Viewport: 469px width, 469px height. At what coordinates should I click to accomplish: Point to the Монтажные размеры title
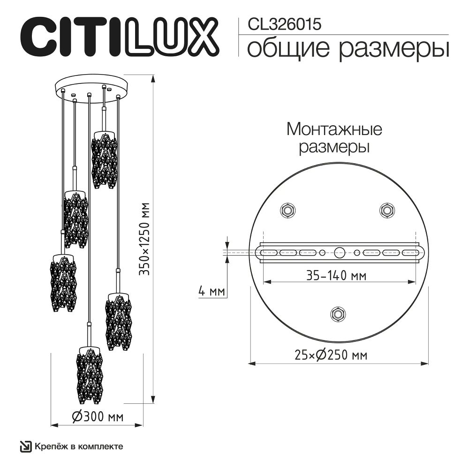334,137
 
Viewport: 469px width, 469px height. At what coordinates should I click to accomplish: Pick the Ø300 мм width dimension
98,416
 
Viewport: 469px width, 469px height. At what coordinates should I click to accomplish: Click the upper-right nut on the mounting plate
386,209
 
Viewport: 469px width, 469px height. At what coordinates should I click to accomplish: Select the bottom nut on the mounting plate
337,313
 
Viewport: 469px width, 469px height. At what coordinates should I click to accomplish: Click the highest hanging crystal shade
104,159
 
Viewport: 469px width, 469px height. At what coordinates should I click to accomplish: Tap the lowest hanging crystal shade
89,375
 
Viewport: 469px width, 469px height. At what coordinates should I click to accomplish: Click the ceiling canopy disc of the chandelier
89,85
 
